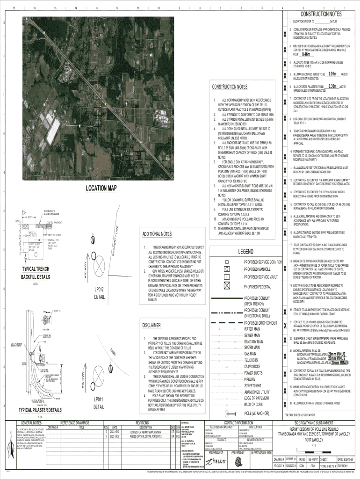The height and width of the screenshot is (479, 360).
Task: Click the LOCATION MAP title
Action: pos(101,188)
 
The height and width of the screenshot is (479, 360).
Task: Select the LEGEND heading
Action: pos(246,252)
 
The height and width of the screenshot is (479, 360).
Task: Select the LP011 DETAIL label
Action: pos(99,403)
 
